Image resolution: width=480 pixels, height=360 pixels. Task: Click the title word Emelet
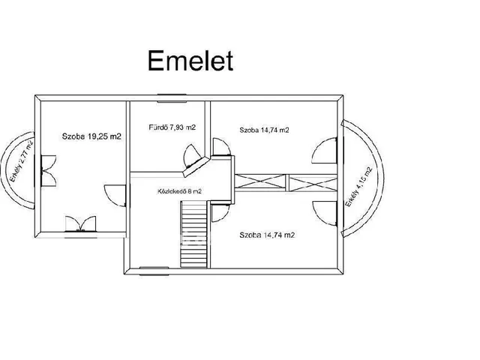coord(190,60)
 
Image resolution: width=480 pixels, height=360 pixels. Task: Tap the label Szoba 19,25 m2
coord(91,137)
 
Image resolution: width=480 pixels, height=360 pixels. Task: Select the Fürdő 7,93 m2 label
coord(171,127)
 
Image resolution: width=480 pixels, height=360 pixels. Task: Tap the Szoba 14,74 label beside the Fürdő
coord(265,130)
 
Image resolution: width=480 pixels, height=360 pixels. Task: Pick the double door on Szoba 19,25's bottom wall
coord(80,223)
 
